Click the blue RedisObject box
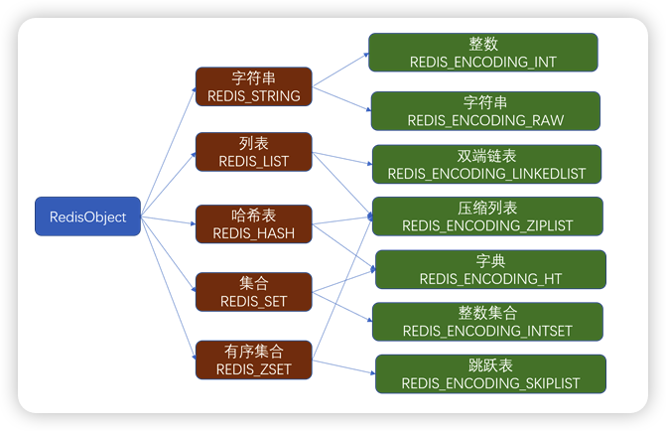pos(88,216)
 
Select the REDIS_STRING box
pos(253,86)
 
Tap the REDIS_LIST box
pos(253,151)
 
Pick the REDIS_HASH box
pos(253,223)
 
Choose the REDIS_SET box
pos(253,290)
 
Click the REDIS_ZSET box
pos(253,359)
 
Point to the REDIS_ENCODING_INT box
pos(483,53)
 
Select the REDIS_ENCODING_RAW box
pos(485,111)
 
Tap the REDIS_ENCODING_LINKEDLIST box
pos(486,164)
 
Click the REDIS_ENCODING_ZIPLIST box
pos(487,216)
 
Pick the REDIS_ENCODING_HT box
pos(490,270)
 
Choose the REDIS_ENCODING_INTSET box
pos(486,322)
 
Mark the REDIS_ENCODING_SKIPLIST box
pos(490,373)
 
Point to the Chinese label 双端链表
pos(486,156)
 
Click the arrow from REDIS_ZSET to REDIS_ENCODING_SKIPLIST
pos(343,364)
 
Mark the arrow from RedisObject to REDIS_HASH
pos(168,219)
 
